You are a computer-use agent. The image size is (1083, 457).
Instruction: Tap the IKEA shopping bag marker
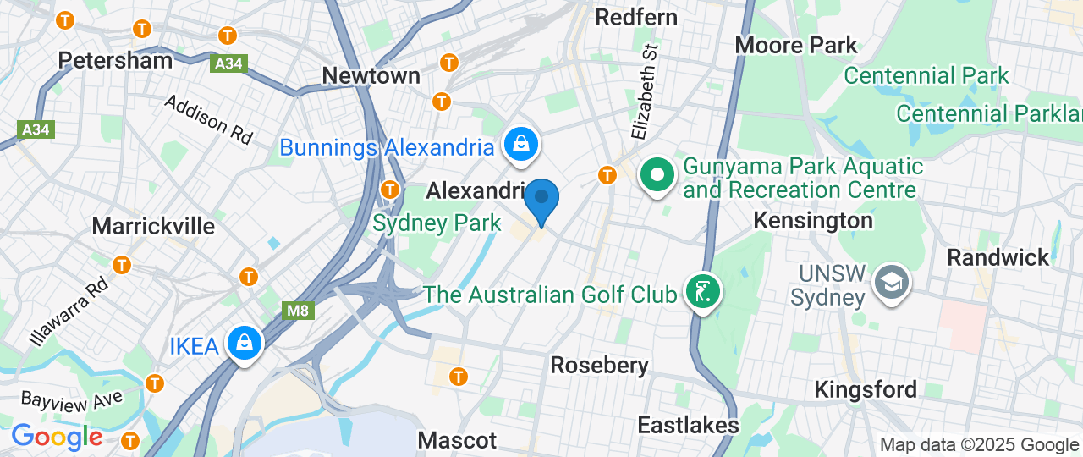pyautogui.click(x=245, y=343)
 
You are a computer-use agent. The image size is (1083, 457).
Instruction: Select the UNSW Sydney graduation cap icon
pyautogui.click(x=892, y=280)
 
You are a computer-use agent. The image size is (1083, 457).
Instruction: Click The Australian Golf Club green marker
pyautogui.click(x=703, y=291)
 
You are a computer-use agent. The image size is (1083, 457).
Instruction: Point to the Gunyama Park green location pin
pyautogui.click(x=657, y=176)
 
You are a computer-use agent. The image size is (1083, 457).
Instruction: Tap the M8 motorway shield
pyautogui.click(x=297, y=311)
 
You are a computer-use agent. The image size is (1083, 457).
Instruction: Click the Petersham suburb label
pyautogui.click(x=115, y=60)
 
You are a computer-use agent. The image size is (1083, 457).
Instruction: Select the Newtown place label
pyautogui.click(x=371, y=75)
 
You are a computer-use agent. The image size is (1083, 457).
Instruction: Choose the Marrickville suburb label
pyautogui.click(x=153, y=226)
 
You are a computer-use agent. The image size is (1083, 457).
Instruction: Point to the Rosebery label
pyautogui.click(x=599, y=365)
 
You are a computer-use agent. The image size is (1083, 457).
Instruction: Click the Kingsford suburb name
pyautogui.click(x=865, y=389)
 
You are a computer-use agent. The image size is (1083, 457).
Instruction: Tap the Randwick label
pyautogui.click(x=998, y=257)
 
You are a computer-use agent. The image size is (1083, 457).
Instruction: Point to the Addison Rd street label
pyautogui.click(x=208, y=118)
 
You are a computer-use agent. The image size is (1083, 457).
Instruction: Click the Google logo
pyautogui.click(x=57, y=437)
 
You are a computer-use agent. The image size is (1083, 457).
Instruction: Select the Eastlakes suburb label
pyautogui.click(x=688, y=424)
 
